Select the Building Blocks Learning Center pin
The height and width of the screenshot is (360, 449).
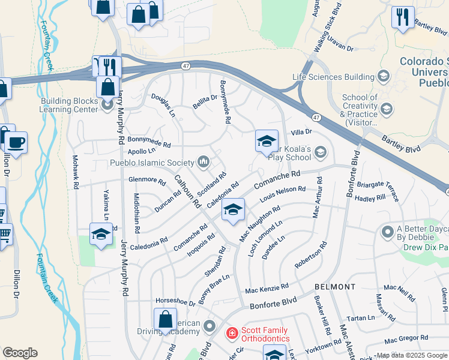[108, 106]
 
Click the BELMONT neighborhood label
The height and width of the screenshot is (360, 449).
[335, 287]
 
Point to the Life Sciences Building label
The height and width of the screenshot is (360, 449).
[333, 77]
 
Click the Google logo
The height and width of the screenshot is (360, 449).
[20, 353]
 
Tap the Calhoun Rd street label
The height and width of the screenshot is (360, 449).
[187, 191]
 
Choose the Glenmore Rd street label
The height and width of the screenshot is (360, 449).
[146, 179]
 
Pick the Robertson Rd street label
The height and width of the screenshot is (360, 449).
[311, 255]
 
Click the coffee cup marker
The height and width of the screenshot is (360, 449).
[16, 143]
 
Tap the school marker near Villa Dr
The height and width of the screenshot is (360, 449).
[267, 141]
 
